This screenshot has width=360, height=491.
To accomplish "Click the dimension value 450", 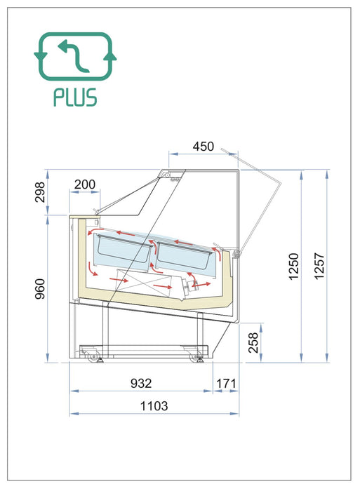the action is (204, 146).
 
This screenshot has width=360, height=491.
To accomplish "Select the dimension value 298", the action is (40, 192).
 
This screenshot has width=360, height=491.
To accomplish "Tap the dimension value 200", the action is (85, 184).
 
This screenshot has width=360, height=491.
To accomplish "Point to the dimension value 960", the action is (40, 289).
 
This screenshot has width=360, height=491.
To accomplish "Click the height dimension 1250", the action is (293, 267).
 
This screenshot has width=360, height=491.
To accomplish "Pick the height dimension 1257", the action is (319, 266).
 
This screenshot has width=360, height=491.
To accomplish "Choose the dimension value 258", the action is (253, 342).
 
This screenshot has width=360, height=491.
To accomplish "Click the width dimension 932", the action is (141, 383).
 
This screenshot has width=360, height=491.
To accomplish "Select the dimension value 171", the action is (226, 383).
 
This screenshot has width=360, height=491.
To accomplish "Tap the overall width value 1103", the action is (154, 406).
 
